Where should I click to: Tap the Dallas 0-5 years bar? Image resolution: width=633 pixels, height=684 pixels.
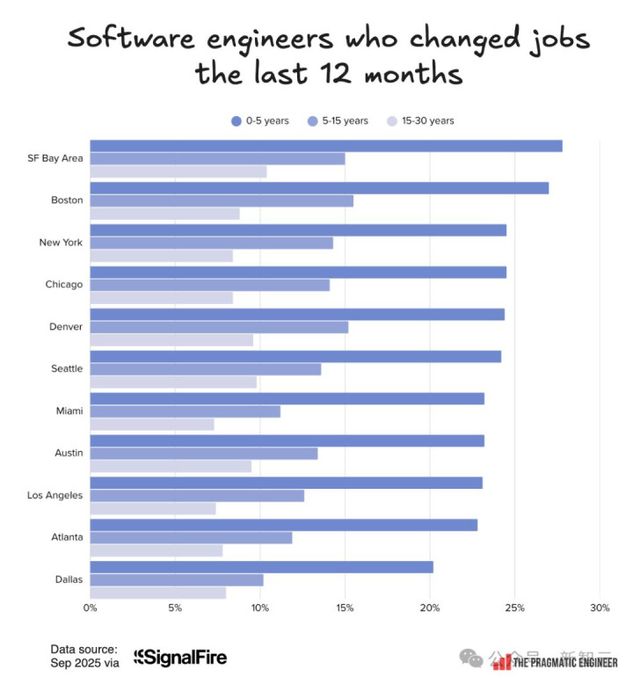coord(261,567)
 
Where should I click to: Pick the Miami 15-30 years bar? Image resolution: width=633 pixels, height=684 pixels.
coord(152,425)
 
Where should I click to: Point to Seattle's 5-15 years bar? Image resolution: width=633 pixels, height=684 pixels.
coord(205,369)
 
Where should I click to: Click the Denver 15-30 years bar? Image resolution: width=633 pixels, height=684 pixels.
coord(171,340)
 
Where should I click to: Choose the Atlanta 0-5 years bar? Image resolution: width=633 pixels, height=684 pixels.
coord(283,525)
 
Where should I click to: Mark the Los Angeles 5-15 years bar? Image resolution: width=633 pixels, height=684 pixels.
coord(197,496)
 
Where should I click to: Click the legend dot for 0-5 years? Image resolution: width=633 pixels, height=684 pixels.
coord(236,120)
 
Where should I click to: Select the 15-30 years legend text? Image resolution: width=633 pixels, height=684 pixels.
coord(428,120)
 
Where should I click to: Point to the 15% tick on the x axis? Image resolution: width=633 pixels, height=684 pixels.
coord(345,608)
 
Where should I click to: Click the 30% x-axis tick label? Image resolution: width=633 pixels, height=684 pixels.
coord(600,608)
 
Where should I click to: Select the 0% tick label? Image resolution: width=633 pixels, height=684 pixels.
coord(90,608)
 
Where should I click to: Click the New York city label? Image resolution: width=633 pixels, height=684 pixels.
coord(61,243)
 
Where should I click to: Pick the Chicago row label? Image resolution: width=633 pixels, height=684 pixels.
coord(64,285)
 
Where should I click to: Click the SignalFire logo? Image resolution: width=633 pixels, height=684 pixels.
coord(179,657)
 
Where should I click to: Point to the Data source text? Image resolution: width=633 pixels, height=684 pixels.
coord(84,650)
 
